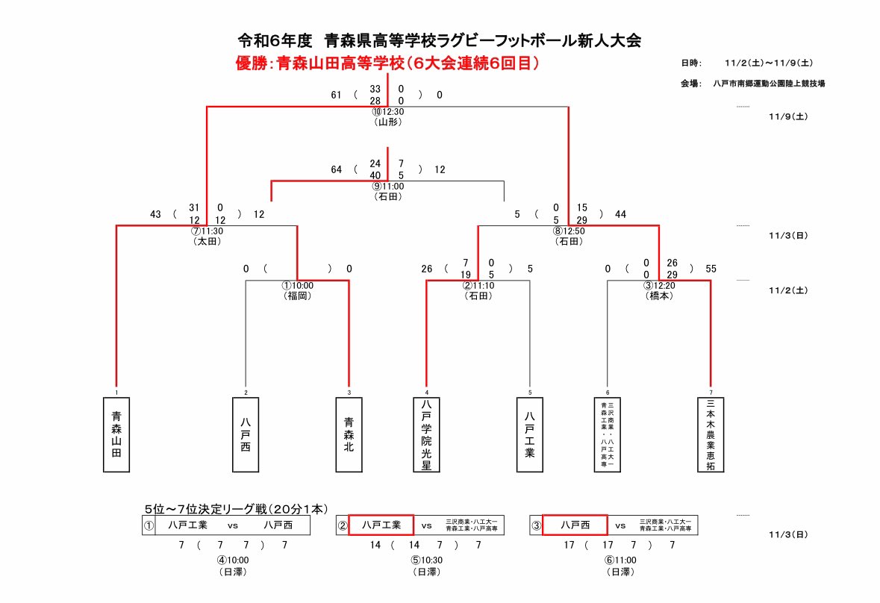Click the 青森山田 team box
click(x=116, y=434)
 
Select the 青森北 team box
click(x=349, y=434)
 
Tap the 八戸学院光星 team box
click(x=426, y=434)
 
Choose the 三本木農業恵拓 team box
click(x=711, y=434)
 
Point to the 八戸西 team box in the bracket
click(x=246, y=434)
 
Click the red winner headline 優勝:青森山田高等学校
click(x=387, y=64)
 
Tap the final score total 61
click(x=336, y=95)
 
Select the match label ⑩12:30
click(x=387, y=112)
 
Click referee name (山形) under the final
click(x=387, y=122)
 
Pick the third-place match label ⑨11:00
click(x=387, y=187)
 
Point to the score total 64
click(x=336, y=169)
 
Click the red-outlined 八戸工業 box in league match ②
click(x=381, y=525)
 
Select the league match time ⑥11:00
click(x=620, y=560)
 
